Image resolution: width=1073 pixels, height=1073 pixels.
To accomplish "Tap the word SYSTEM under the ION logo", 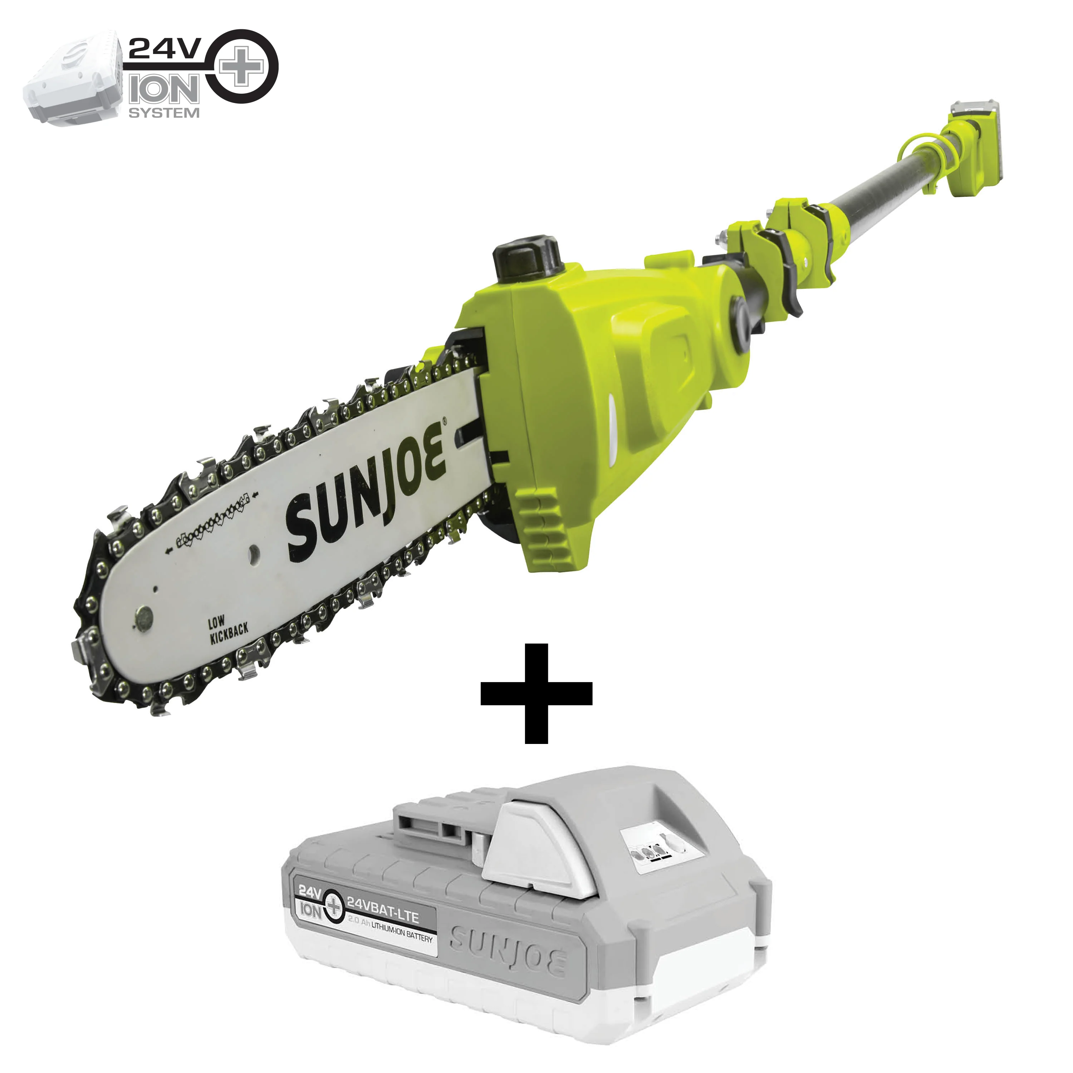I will tap(164, 113).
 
